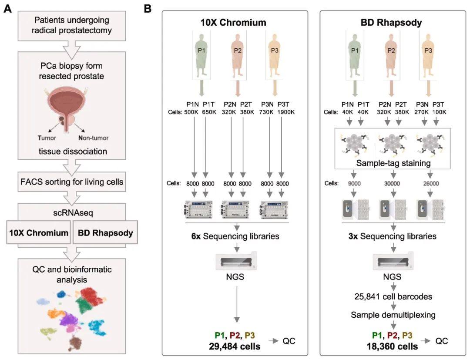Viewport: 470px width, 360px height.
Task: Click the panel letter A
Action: pos(7,8)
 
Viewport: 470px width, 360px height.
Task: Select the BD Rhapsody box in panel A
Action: pos(105,233)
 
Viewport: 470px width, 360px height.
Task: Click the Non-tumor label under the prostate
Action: pos(93,138)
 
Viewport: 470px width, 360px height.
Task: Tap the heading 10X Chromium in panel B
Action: pos(233,23)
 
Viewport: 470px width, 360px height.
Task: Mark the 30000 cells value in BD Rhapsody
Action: pos(393,184)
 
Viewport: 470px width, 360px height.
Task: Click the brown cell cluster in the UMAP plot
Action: pos(77,342)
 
